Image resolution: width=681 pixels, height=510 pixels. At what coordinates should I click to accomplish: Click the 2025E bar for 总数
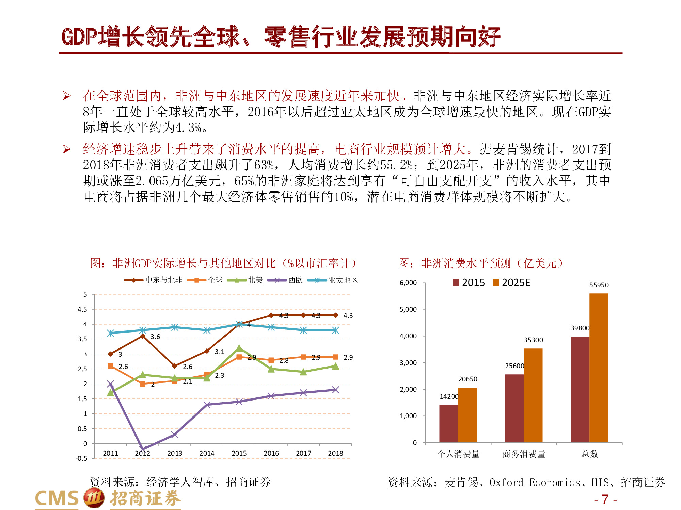point(599,367)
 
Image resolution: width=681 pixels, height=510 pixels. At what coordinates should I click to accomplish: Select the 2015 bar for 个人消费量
point(448,423)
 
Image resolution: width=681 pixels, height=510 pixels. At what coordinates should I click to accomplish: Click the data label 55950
point(599,285)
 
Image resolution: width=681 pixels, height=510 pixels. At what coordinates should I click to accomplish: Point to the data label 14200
point(449,396)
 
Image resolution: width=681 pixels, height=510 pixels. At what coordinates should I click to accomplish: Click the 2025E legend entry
point(511,283)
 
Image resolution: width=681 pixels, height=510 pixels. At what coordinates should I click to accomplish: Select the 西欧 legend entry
point(285,280)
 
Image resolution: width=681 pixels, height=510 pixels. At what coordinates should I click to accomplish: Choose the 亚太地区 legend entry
point(333,280)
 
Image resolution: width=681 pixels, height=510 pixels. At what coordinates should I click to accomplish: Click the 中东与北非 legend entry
point(154,280)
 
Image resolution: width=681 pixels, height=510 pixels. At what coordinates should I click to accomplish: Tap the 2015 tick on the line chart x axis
point(239,453)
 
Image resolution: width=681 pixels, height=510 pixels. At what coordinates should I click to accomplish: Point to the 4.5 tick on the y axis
point(82,309)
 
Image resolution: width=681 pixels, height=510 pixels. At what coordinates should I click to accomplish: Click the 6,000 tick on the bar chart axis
point(408,283)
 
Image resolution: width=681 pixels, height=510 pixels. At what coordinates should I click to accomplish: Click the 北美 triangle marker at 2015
point(239,348)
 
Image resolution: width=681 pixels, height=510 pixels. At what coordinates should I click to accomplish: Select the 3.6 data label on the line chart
point(155,337)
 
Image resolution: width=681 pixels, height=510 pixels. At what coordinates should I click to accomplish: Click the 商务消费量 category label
point(524,454)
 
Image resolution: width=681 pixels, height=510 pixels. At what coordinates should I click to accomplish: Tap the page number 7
point(605,499)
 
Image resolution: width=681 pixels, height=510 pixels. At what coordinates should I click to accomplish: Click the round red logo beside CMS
point(94,498)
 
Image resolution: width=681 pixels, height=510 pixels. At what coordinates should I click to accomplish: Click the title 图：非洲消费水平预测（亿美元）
point(481,263)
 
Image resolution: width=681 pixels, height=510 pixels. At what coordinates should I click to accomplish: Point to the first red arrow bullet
point(67,96)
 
